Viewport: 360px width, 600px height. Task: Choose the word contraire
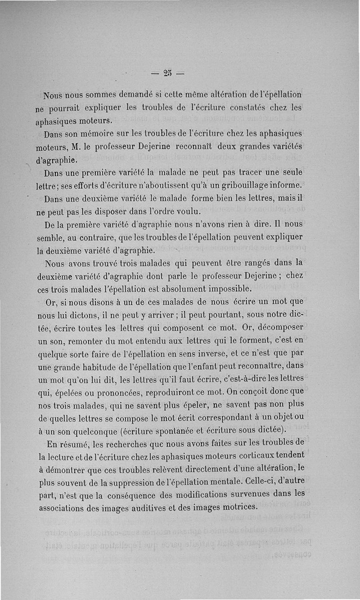tap(104, 237)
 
